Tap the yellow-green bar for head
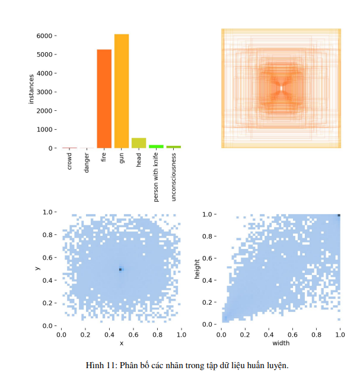139,143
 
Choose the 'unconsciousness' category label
173,178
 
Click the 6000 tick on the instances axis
46,36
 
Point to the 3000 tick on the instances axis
46,92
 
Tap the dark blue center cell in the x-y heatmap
120,269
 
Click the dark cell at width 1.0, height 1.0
339,215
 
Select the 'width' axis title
281,343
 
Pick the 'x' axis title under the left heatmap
121,343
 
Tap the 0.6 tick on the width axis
292,335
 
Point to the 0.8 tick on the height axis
207,237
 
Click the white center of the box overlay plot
281,88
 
